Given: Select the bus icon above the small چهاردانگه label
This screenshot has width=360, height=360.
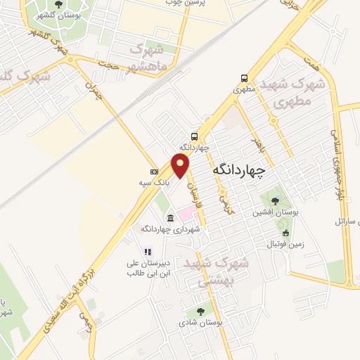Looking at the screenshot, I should pyautogui.click(x=194, y=136).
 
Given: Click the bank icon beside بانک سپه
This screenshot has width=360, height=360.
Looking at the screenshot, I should pyautogui.click(x=154, y=172).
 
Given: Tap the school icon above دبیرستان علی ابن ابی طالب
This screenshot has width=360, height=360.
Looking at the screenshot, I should pyautogui.click(x=148, y=251).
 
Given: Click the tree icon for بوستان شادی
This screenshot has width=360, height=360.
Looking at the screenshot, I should pyautogui.click(x=200, y=311).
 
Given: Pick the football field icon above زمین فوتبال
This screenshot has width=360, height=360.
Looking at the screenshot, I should pyautogui.click(x=285, y=233).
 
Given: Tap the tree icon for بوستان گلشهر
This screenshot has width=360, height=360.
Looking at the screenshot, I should pyautogui.click(x=58, y=5).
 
